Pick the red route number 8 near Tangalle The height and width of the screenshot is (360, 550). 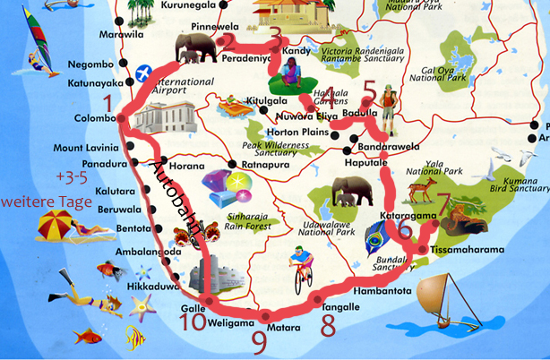328,324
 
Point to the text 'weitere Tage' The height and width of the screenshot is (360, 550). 47,203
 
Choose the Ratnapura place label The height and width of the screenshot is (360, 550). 262,165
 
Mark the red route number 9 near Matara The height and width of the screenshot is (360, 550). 260,338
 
